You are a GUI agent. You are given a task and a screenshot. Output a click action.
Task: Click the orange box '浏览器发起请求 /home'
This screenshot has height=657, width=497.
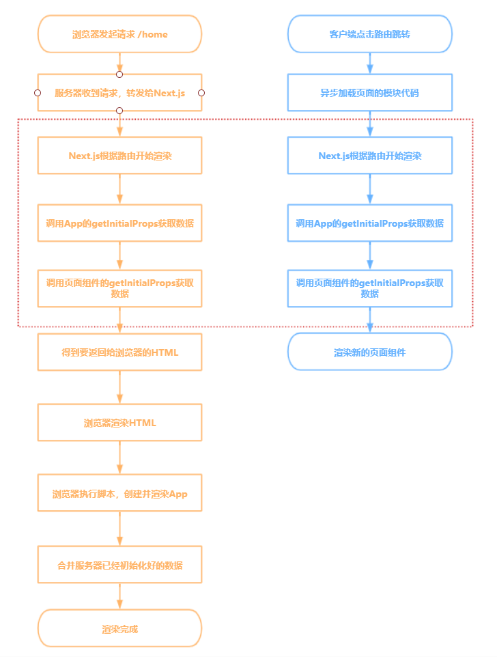[119, 34]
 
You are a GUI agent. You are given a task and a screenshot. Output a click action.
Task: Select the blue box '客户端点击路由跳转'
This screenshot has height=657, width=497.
[369, 34]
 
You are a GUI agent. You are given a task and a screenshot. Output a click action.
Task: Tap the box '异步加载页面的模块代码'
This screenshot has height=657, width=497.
[369, 92]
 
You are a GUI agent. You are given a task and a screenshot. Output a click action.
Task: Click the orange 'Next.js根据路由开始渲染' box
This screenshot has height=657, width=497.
[119, 156]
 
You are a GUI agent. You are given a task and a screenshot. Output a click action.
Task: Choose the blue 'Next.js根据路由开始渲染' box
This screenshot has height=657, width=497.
[369, 156]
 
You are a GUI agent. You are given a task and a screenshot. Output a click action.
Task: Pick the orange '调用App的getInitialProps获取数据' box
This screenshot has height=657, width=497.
[119, 223]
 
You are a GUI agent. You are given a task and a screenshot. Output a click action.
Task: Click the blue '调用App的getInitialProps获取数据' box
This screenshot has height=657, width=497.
[369, 223]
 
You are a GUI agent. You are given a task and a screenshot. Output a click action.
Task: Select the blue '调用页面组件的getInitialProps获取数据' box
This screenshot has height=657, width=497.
[369, 288]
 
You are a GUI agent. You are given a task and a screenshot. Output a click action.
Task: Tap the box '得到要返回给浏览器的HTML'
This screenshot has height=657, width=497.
[119, 352]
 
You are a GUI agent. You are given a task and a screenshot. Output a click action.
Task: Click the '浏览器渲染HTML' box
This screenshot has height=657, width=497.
[119, 423]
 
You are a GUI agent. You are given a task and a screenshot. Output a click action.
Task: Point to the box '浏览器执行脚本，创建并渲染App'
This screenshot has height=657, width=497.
[119, 494]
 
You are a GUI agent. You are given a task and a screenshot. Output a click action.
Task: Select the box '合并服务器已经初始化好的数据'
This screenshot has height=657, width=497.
[119, 565]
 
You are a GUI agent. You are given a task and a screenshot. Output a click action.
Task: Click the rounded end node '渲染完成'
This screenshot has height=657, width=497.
[119, 628]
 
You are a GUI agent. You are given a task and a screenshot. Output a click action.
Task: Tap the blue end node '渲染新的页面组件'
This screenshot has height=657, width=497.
[369, 352]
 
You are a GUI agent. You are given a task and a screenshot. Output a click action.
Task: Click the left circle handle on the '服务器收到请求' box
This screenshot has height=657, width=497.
[38, 92]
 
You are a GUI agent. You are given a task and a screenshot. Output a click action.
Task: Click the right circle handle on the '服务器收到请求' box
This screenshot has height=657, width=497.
[201, 92]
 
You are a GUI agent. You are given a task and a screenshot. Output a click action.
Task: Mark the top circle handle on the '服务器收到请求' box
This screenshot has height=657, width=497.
[119, 74]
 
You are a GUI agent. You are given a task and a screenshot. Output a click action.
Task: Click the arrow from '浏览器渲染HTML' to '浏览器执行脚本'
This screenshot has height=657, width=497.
[119, 458]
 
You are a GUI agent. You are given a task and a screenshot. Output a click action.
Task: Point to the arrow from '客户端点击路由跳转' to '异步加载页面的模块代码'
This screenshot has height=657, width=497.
[369, 64]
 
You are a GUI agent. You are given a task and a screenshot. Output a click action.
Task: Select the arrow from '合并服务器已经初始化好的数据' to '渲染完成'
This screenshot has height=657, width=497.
[119, 596]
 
